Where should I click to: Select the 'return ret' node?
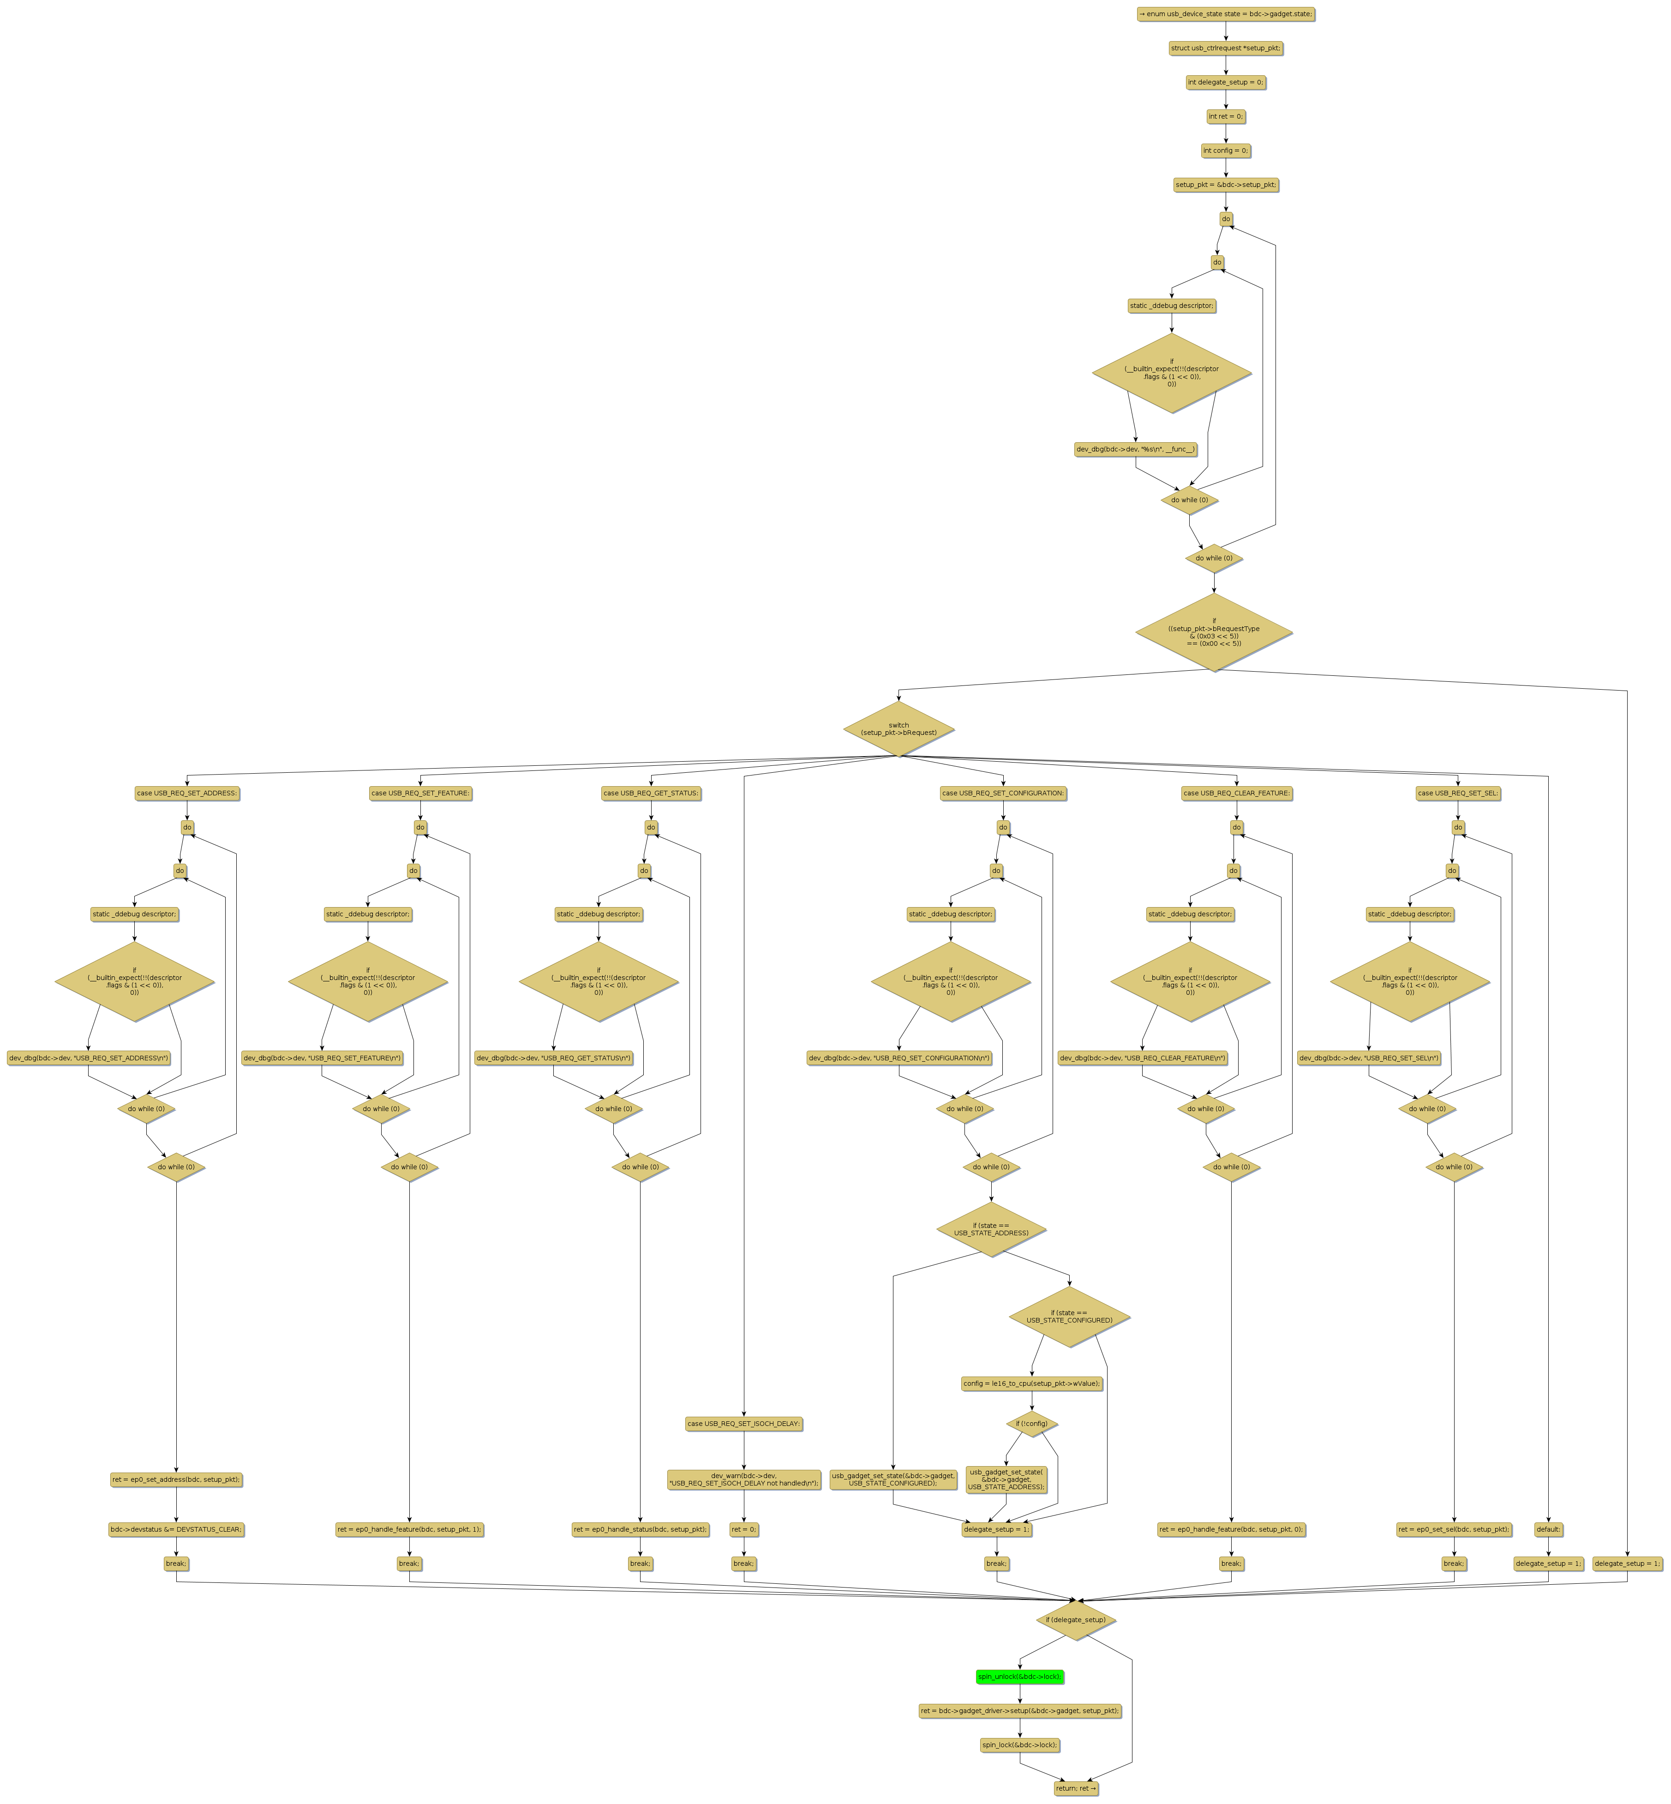(x=1075, y=1788)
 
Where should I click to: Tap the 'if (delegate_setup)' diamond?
(x=1075, y=1619)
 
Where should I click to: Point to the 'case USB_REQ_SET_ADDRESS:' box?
(x=187, y=793)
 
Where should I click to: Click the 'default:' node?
(x=1548, y=1529)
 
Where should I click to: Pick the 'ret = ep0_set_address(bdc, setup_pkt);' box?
(x=176, y=1479)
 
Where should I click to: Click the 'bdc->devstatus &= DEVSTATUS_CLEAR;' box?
(x=176, y=1529)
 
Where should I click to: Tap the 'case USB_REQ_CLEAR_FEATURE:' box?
(x=1236, y=793)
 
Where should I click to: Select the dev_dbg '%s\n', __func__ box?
(x=1136, y=450)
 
